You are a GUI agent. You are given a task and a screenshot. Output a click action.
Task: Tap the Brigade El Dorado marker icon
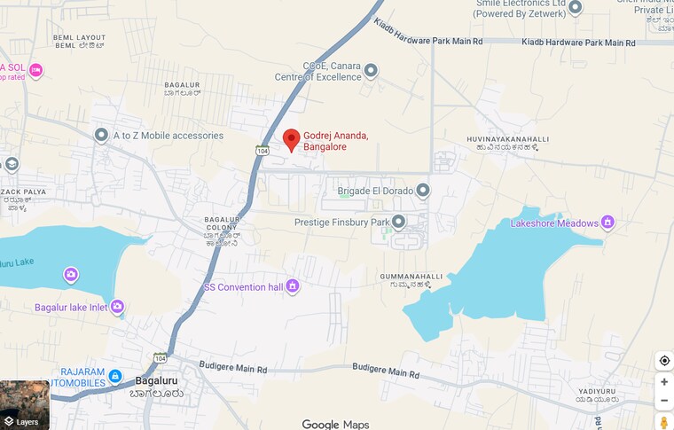coord(423,191)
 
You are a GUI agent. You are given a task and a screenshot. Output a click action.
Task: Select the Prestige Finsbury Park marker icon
coord(398,221)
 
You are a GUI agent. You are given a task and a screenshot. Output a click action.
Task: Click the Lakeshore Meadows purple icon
coord(607,223)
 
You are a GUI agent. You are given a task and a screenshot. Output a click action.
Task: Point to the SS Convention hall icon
coord(293,286)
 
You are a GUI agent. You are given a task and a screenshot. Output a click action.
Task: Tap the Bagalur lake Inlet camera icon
coord(116,307)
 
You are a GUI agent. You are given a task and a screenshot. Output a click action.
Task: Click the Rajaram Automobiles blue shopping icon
coord(115,377)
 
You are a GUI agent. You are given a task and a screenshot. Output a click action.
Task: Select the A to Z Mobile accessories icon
coord(101,135)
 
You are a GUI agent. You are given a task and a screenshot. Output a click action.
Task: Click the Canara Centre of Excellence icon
coord(371,71)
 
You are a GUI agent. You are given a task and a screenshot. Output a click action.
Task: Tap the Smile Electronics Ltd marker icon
coord(575,7)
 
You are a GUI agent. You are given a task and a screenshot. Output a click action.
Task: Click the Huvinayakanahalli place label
coord(508,144)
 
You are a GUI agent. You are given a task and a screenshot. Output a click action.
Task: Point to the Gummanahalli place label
coord(411,281)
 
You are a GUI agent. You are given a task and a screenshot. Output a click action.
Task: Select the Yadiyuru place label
coord(595,395)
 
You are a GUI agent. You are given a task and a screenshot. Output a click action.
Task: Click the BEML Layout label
coord(79,41)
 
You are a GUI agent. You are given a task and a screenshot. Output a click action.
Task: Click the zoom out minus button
coord(663,401)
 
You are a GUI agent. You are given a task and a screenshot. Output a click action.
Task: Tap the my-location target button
coord(663,361)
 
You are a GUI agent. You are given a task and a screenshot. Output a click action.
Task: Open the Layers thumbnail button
coord(25,405)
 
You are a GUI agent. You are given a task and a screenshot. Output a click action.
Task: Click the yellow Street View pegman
coord(663,423)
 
